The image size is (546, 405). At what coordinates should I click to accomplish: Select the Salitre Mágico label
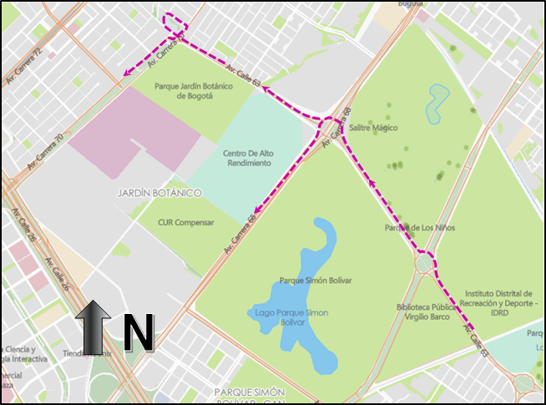tap(373, 128)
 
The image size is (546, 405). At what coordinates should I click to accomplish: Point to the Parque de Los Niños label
tap(419, 228)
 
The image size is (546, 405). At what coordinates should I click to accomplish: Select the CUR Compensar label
tap(186, 223)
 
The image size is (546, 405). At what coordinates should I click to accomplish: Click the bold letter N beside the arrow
tap(138, 333)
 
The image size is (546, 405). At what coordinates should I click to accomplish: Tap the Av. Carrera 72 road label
tap(23, 66)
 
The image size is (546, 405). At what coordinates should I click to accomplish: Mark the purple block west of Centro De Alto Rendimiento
tap(134, 134)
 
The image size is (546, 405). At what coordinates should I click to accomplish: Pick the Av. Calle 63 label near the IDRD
tap(477, 341)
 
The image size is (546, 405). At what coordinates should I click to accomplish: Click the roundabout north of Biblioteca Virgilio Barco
tap(426, 263)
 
